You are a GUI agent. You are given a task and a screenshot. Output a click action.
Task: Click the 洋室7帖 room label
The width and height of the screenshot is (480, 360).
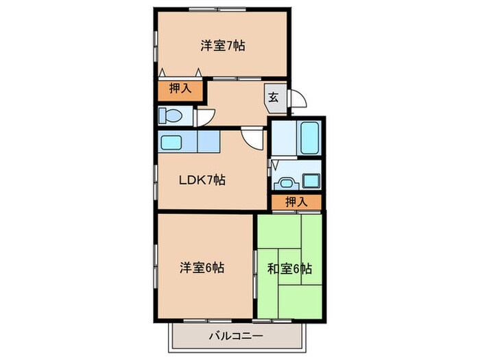[223, 47]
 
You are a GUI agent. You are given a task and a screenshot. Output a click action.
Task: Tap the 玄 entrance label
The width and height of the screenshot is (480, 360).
[273, 96]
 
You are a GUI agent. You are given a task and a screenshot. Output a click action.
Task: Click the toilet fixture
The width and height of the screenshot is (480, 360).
[171, 115]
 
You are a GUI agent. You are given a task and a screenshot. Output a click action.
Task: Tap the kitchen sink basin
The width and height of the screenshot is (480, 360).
[171, 142]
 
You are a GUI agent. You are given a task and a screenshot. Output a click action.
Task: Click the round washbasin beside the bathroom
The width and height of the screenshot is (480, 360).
[283, 183]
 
